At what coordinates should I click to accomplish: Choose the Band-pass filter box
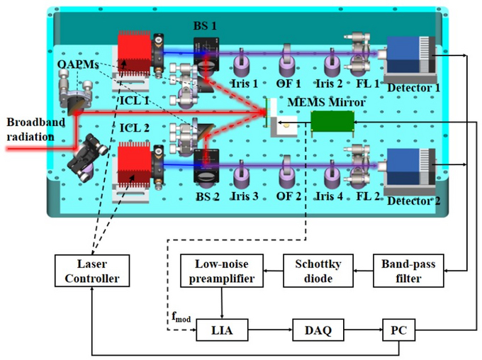[x=408, y=271]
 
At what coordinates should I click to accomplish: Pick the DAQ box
[x=312, y=330]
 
